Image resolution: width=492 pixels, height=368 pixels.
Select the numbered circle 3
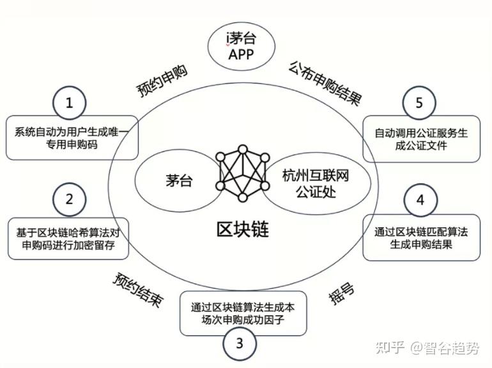tap(239, 344)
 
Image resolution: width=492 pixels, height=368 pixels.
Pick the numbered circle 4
tap(420, 200)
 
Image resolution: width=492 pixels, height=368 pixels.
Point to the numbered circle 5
tap(419, 102)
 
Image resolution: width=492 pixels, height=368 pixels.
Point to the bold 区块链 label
tap(242, 228)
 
